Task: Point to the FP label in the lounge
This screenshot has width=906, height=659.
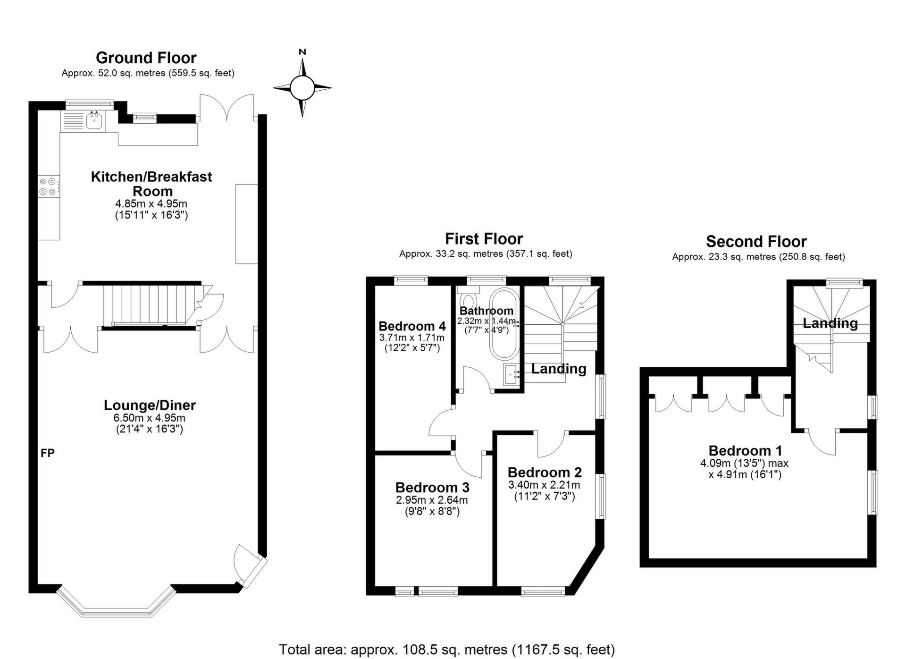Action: tap(48, 453)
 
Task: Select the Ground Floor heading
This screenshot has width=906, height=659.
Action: tap(146, 58)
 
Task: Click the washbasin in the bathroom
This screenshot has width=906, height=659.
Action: tap(512, 375)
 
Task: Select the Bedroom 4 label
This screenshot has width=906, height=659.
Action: tap(412, 326)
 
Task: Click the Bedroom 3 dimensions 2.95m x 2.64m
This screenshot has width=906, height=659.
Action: tap(432, 500)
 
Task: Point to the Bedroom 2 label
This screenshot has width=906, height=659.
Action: tap(545, 473)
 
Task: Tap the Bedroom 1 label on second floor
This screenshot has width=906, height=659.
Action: tap(745, 451)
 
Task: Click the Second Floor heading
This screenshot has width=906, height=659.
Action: tap(756, 242)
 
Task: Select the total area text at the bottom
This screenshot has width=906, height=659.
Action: tap(447, 650)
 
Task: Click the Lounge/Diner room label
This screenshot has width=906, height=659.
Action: tap(150, 405)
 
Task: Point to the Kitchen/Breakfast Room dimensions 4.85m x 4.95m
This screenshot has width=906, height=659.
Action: tap(151, 204)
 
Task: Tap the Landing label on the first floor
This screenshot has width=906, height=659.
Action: tap(559, 369)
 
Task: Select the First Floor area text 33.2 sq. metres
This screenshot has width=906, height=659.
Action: tap(486, 253)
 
